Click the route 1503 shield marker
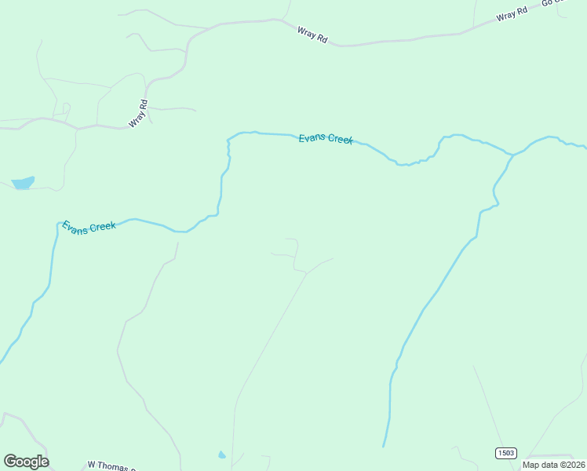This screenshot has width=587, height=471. (506, 453)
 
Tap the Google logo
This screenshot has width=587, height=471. (26, 461)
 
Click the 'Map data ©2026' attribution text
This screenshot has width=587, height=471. (553, 465)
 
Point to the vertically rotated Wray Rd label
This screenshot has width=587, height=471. (138, 113)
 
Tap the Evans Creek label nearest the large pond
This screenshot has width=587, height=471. (89, 227)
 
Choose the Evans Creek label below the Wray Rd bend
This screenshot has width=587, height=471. (326, 139)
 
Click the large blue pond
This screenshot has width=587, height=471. (23, 183)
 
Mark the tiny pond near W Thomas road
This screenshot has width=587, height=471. (222, 455)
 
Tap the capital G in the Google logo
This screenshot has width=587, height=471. (10, 461)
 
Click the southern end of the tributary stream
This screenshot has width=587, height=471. (384, 446)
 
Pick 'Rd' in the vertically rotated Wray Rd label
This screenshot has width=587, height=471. (143, 104)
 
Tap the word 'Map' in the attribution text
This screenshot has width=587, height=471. (531, 465)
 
